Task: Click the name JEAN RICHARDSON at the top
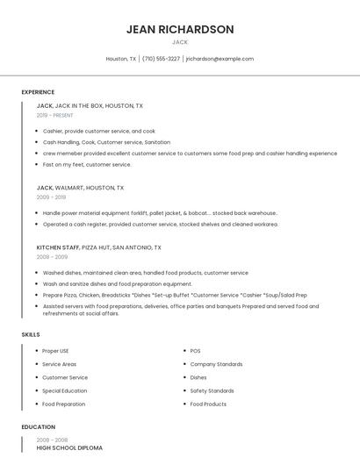[x=180, y=29]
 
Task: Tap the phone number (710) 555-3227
[x=161, y=59]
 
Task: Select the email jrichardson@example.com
[x=220, y=59]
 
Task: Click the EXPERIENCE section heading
[x=38, y=92]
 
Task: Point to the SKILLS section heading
[x=31, y=334]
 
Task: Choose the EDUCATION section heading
[x=38, y=427]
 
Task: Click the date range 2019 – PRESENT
[x=55, y=115]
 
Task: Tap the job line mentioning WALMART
[x=80, y=188]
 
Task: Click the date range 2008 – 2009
[x=52, y=257]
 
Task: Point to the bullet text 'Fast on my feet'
[x=87, y=164]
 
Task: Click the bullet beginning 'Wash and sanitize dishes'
[x=117, y=284]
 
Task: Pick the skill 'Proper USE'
[x=55, y=351]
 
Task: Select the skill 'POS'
[x=195, y=351]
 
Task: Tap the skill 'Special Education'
[x=64, y=390]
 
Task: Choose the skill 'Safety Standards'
[x=212, y=390]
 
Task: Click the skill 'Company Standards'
[x=216, y=364]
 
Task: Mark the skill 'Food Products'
[x=208, y=404]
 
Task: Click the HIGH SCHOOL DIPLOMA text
[x=69, y=447]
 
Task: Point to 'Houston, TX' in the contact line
[x=121, y=59]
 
